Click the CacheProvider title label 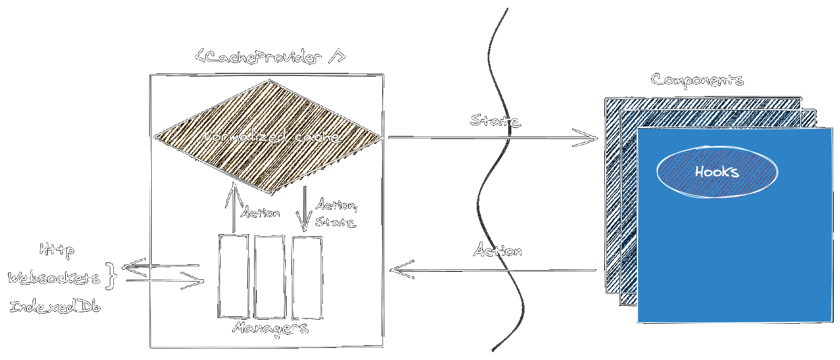click(x=270, y=56)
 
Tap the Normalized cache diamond click(x=268, y=137)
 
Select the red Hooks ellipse click(x=717, y=172)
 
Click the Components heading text click(x=697, y=80)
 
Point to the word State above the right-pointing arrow click(x=495, y=121)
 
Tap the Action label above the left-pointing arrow click(x=497, y=251)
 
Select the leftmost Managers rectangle click(x=234, y=276)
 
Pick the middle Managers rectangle click(x=269, y=277)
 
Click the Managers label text click(x=270, y=329)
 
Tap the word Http click(x=57, y=250)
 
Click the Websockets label click(x=54, y=278)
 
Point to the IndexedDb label click(x=55, y=306)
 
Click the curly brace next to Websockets click(x=110, y=276)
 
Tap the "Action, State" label click(x=336, y=213)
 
